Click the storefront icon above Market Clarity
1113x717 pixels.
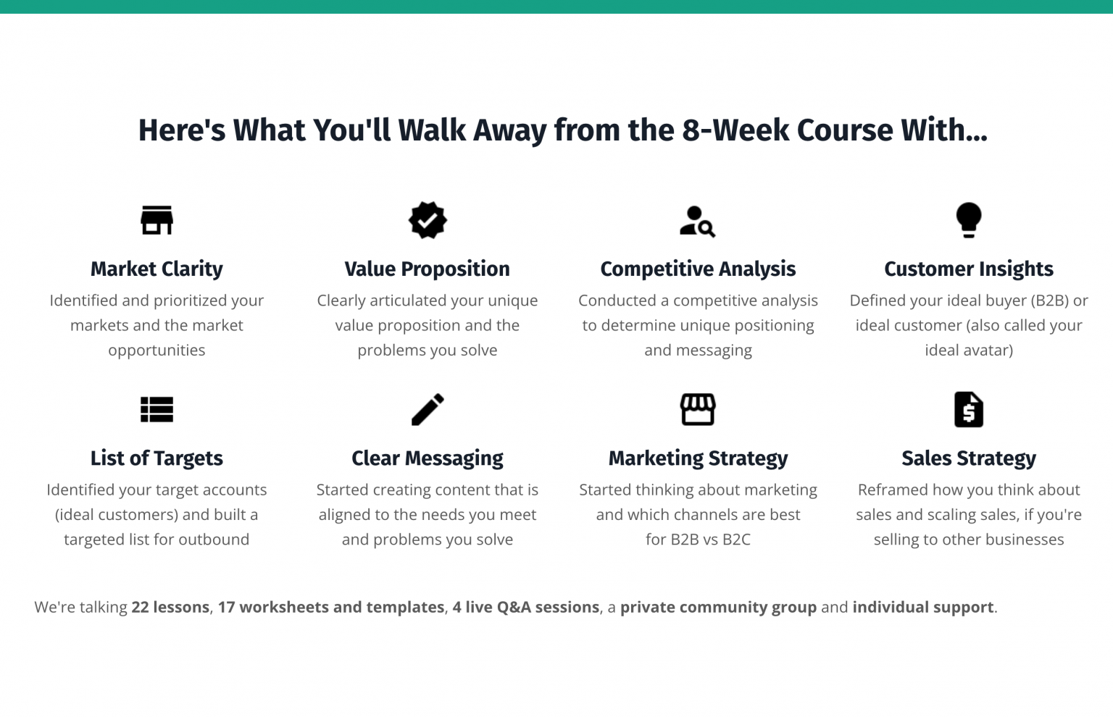point(157,220)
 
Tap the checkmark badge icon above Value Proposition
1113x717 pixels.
point(428,220)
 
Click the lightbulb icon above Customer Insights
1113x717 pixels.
point(968,220)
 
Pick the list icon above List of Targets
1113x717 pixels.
point(157,410)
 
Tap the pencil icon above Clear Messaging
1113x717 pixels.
point(428,410)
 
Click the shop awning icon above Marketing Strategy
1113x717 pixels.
point(698,410)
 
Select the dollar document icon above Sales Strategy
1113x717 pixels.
point(968,410)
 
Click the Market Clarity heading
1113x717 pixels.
point(157,269)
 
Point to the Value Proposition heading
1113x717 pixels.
point(428,269)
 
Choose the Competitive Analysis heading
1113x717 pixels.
point(698,269)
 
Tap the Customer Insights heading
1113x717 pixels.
point(968,269)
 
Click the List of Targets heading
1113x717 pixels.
point(157,458)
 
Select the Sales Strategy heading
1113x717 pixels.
point(968,458)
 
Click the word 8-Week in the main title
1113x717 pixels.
point(735,130)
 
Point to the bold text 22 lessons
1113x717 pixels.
point(170,607)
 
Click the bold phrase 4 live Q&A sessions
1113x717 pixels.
point(525,607)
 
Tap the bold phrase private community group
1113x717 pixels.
point(718,607)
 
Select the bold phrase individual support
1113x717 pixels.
point(922,607)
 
